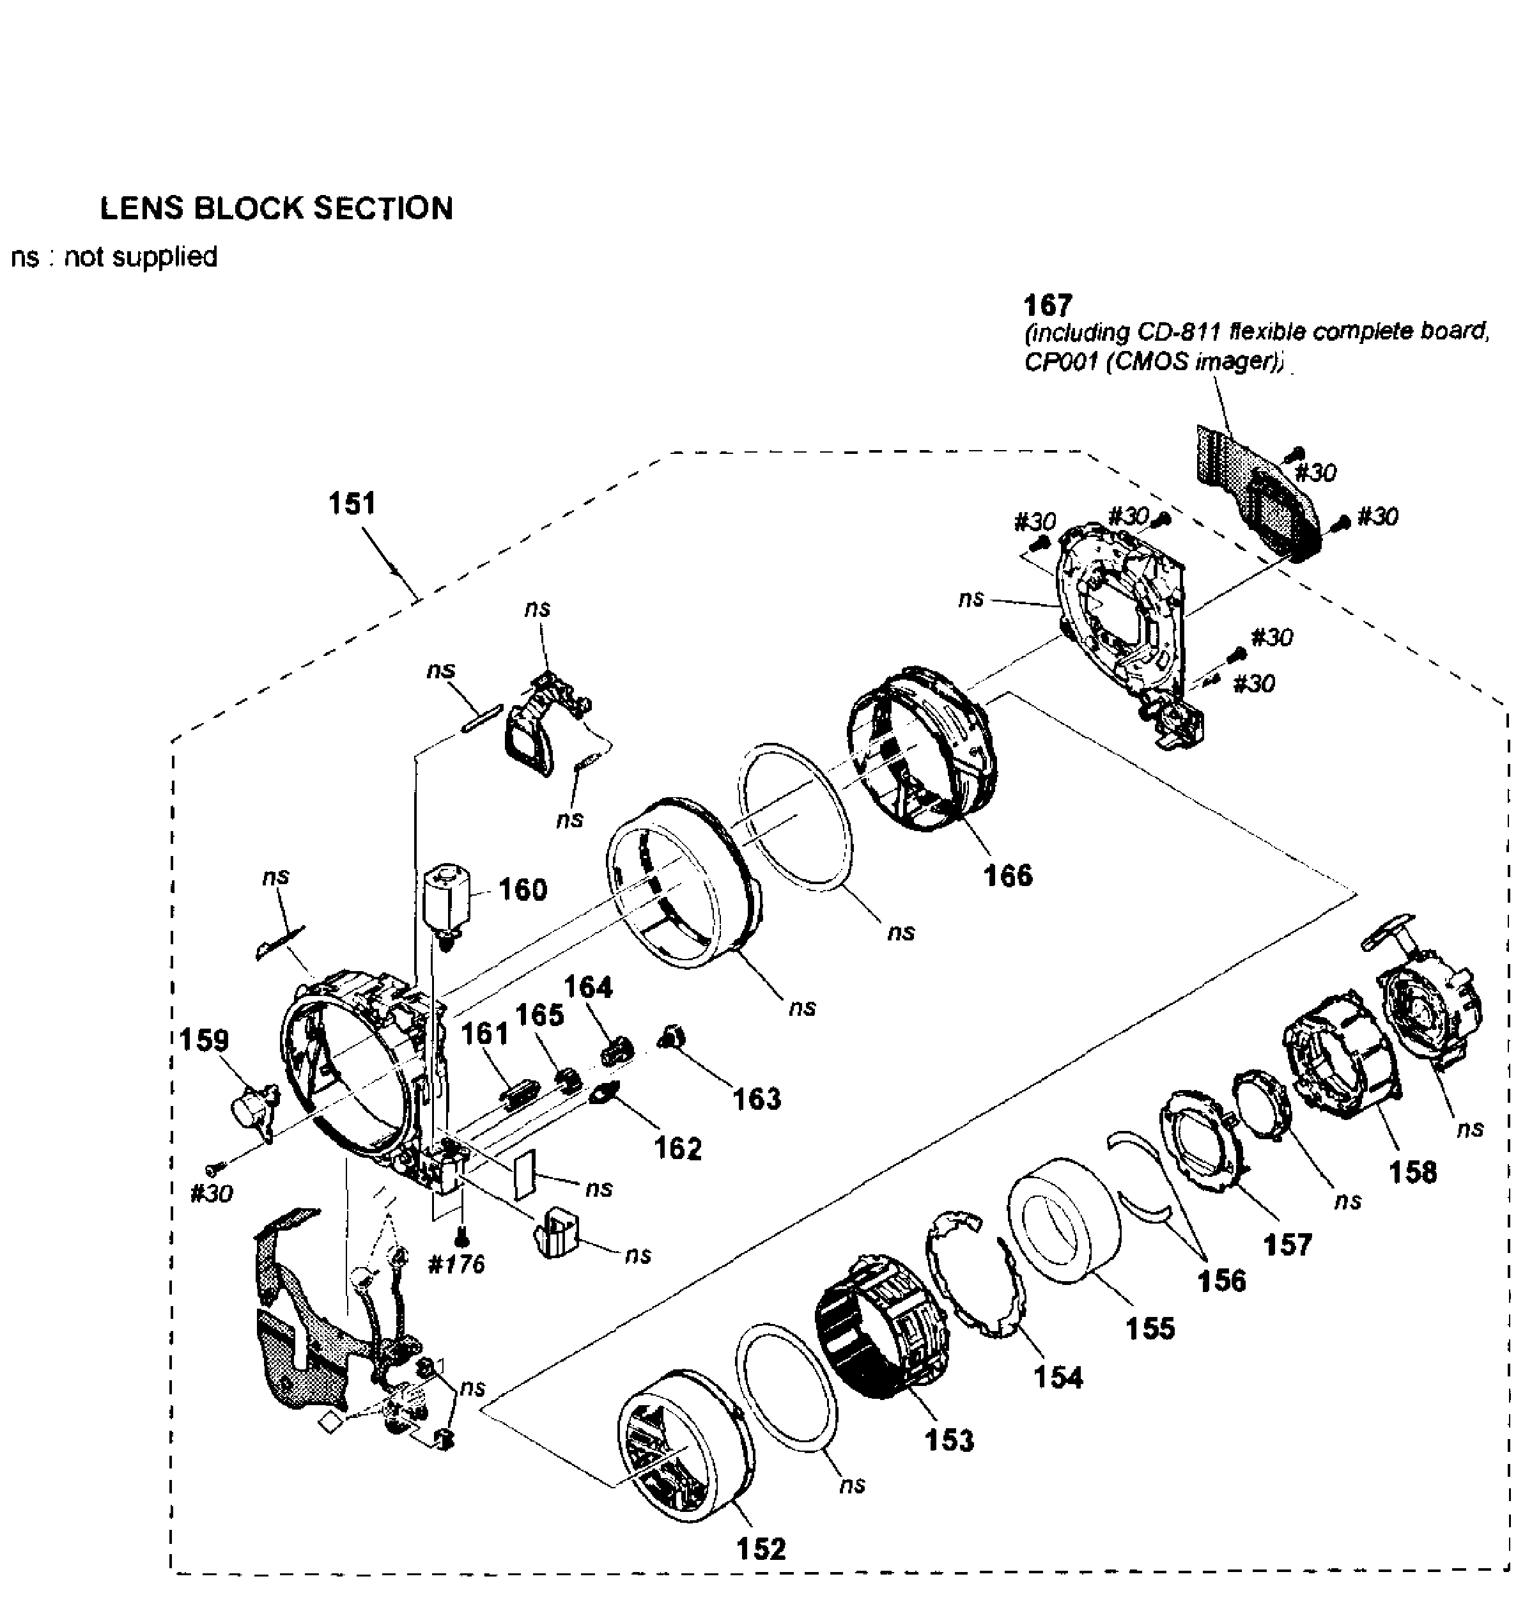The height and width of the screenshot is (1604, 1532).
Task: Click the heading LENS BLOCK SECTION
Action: pyautogui.click(x=276, y=208)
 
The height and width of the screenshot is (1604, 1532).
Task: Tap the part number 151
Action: pyautogui.click(x=352, y=503)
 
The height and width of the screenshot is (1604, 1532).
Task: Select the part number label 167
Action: pyautogui.click(x=1047, y=306)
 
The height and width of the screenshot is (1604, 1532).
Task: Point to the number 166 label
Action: pyautogui.click(x=1008, y=875)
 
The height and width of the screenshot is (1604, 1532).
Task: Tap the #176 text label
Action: pyautogui.click(x=456, y=1265)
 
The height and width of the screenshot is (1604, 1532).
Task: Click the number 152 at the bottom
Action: pyautogui.click(x=761, y=1548)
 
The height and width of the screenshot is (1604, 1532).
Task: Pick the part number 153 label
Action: pyautogui.click(x=950, y=1440)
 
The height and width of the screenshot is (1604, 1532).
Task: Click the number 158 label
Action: pyautogui.click(x=1412, y=1172)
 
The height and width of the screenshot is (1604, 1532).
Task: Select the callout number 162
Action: pyautogui.click(x=678, y=1148)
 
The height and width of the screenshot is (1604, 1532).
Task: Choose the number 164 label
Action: pyautogui.click(x=588, y=986)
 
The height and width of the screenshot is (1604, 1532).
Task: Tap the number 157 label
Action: pyautogui.click(x=1287, y=1245)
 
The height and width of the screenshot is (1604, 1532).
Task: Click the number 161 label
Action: pyautogui.click(x=485, y=1033)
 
